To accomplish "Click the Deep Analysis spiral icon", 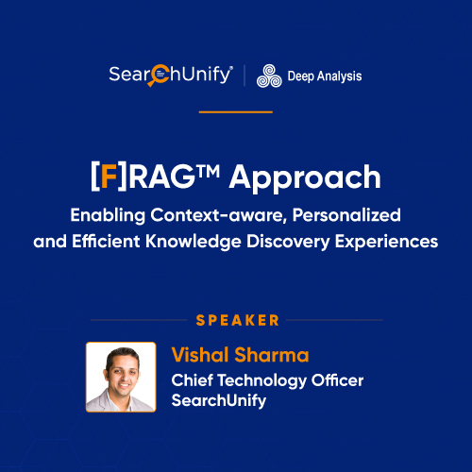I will [268, 76].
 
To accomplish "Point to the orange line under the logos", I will [236, 111].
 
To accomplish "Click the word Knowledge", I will [190, 241].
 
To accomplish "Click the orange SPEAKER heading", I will [236, 320].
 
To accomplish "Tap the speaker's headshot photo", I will [121, 377].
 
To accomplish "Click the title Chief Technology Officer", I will [267, 379].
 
